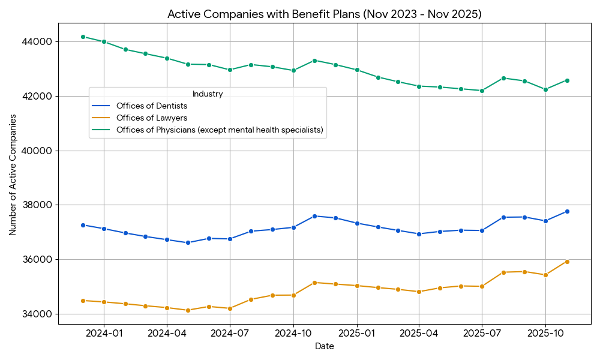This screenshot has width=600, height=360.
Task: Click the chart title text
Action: [324, 14]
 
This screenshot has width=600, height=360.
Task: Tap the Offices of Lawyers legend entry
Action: [152, 118]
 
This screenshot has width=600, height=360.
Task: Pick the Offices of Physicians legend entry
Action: [220, 130]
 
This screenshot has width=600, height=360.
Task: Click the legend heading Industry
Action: [208, 94]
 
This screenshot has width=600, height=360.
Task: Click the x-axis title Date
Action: [324, 347]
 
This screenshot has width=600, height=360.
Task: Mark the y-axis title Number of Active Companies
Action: [13, 173]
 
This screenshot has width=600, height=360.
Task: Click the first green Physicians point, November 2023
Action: [83, 37]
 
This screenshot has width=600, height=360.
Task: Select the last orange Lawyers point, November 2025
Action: [567, 262]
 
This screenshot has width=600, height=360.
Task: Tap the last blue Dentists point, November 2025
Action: [567, 211]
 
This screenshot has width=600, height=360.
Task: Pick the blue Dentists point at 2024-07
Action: [230, 239]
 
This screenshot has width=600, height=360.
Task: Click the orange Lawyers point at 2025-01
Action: [356, 286]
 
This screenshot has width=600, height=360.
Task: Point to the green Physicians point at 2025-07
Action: [482, 91]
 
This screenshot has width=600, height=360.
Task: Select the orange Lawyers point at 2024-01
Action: [104, 302]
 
